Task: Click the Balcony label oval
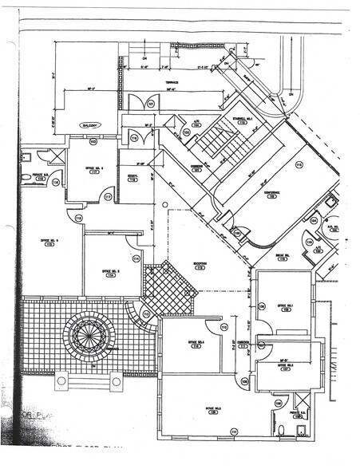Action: click(x=82, y=126)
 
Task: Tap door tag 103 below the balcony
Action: click(x=93, y=142)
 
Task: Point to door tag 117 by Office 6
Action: click(x=108, y=196)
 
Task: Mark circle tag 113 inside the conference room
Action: click(x=299, y=165)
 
